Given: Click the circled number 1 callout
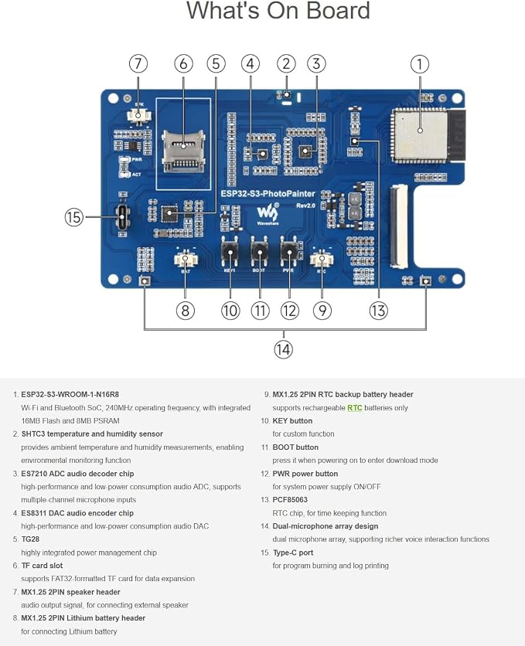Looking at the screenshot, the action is click(x=420, y=64).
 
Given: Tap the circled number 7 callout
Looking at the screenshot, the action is click(x=138, y=64).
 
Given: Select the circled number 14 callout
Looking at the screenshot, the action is click(x=283, y=349).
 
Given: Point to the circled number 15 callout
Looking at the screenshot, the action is click(x=73, y=216).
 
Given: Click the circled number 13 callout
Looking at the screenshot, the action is click(x=378, y=310).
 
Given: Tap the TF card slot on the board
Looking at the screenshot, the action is click(x=183, y=151).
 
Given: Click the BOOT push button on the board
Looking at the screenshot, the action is click(x=259, y=252).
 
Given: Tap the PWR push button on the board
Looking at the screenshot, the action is click(x=289, y=252).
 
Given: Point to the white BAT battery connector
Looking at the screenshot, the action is click(x=186, y=260).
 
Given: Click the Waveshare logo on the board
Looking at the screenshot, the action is click(x=268, y=213).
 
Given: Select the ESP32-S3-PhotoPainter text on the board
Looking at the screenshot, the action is click(x=268, y=194).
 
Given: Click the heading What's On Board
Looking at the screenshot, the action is click(x=278, y=11).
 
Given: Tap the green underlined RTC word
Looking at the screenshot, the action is click(x=354, y=408).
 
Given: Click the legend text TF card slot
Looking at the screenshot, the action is click(x=42, y=566).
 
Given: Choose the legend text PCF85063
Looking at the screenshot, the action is click(x=290, y=500).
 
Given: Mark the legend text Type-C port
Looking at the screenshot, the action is click(x=292, y=553).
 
